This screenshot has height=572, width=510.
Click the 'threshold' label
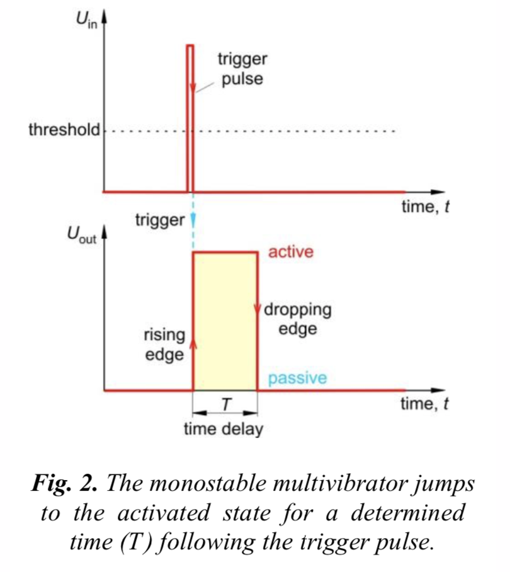click(x=64, y=131)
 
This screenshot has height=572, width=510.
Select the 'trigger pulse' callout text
click(x=242, y=70)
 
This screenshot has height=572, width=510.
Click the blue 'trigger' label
click(x=160, y=220)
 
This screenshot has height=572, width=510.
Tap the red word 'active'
click(x=290, y=253)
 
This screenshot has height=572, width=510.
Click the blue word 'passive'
click(x=297, y=379)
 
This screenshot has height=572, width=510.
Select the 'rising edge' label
click(x=164, y=345)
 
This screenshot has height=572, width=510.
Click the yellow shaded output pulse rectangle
click(x=225, y=321)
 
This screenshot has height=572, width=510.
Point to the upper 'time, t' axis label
click(x=425, y=207)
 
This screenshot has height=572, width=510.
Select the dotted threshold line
click(x=283, y=132)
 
